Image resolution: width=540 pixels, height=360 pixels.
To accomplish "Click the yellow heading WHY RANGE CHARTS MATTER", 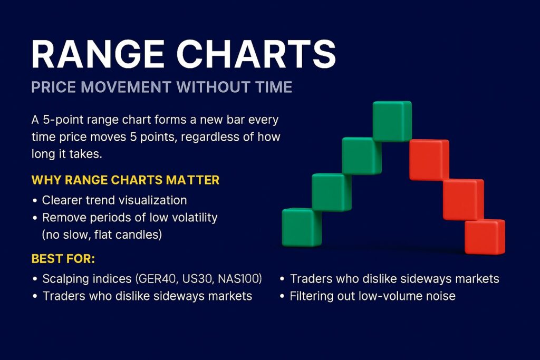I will (x=126, y=180).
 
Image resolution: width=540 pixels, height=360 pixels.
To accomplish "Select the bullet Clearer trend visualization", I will (x=114, y=200).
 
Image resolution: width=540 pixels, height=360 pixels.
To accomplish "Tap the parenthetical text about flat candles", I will (x=102, y=235).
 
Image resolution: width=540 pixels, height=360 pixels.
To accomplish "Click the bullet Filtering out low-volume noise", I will (x=372, y=296).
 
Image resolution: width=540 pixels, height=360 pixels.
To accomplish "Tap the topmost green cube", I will (x=392, y=121).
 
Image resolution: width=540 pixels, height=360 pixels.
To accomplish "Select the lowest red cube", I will (x=485, y=237).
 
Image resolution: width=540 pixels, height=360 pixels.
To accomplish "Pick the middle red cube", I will (x=463, y=199).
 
